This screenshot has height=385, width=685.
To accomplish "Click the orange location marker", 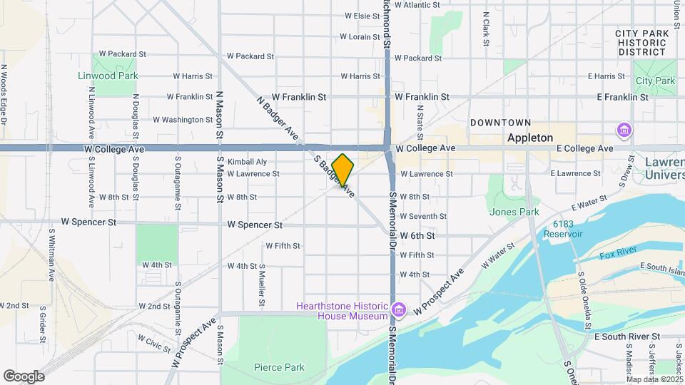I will coord(342,170).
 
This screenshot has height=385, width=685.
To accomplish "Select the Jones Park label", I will coord(514,212).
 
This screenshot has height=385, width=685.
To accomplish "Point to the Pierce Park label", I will coord(279,368).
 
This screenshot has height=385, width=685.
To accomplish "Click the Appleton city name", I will coord(530,138).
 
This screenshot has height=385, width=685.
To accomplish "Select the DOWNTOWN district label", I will coord(500,123).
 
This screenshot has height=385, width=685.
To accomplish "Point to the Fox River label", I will coord(617,255).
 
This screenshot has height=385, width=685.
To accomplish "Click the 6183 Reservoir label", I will coord(562,228).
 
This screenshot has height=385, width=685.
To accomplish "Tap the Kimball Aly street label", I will coord(247,162).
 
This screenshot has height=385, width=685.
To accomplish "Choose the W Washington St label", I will coord(183,120).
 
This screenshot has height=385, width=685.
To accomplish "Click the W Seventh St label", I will coord(423,216).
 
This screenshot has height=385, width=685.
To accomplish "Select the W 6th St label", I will coord(417,235).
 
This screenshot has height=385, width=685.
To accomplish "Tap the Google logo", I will coord(24,376).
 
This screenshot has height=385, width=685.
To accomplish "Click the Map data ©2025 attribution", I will coord(654,379).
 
